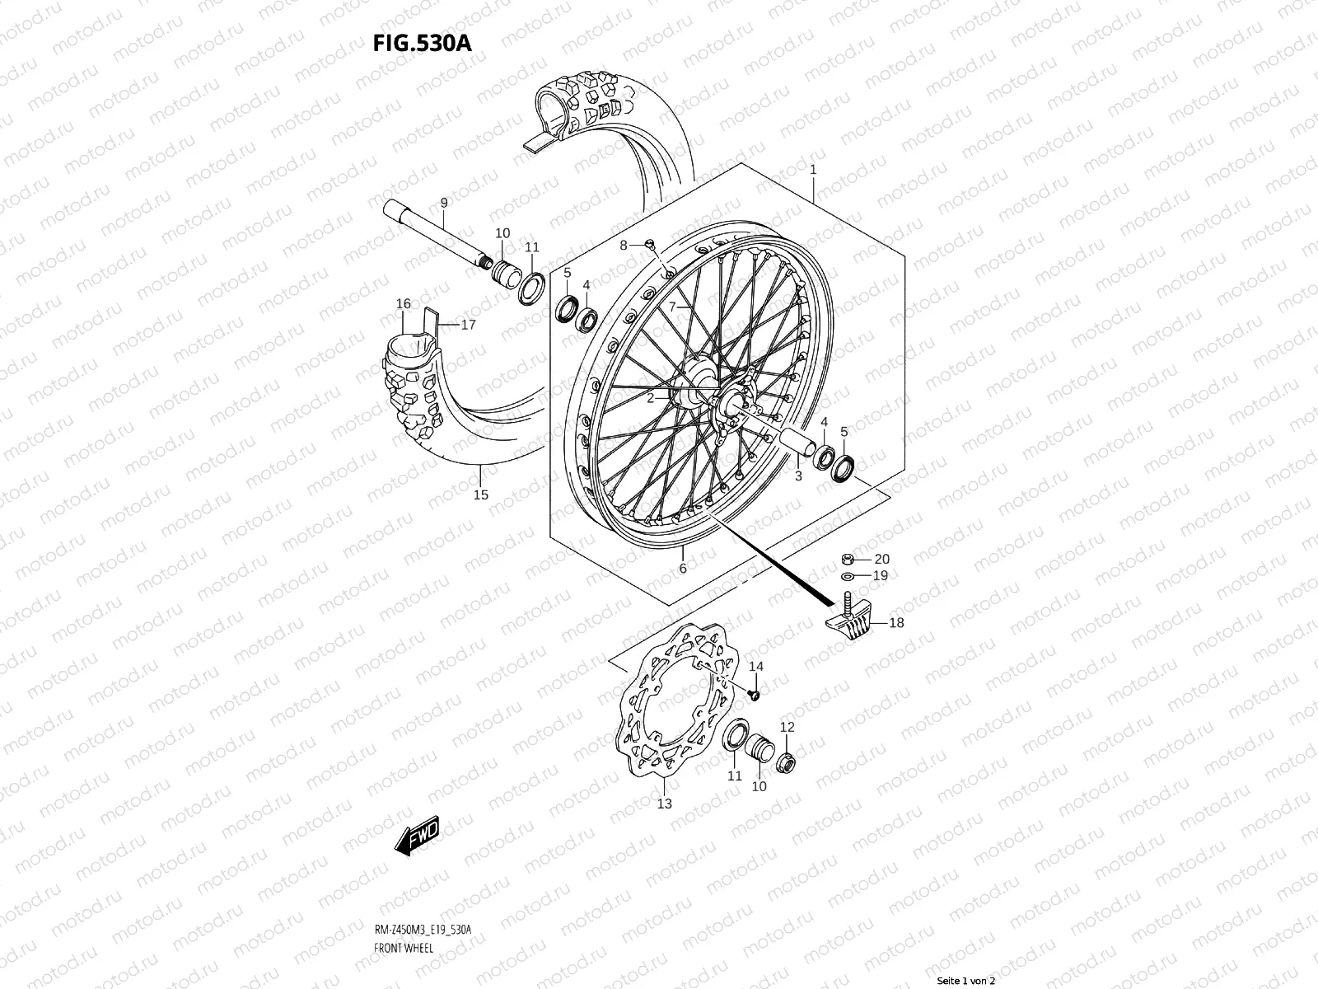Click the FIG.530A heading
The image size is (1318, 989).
(x=423, y=44)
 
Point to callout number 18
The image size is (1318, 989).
(x=896, y=623)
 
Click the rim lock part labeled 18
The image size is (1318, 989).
(x=848, y=620)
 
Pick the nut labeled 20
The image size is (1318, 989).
(x=848, y=559)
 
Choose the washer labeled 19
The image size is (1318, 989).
(x=848, y=575)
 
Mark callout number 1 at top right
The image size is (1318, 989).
(x=813, y=170)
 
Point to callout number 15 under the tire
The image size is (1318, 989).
(x=481, y=494)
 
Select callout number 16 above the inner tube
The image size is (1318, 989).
(x=403, y=304)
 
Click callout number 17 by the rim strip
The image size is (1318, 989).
(x=469, y=325)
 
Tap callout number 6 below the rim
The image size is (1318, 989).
(x=682, y=568)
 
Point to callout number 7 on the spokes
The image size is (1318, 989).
(x=672, y=307)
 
